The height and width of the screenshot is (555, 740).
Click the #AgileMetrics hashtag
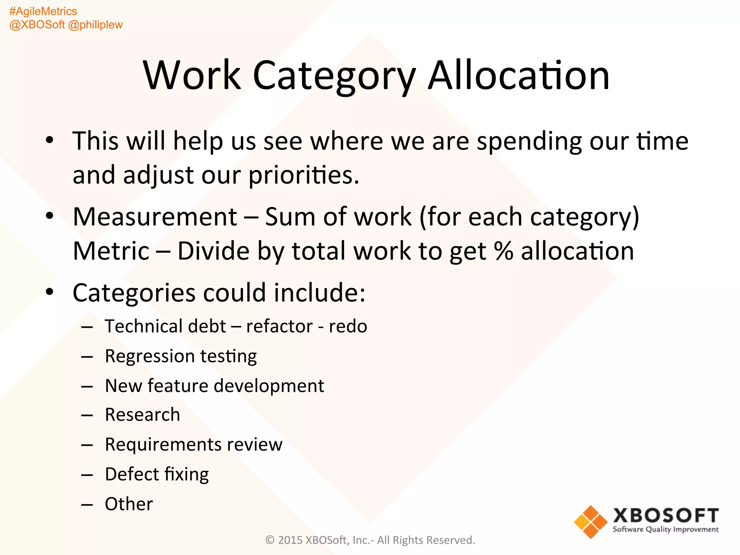point(43,12)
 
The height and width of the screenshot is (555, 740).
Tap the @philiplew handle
point(95,25)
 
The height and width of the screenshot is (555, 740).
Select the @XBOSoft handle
point(37,25)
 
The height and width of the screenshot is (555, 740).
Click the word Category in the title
point(334,76)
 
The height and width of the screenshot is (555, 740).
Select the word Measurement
point(155,217)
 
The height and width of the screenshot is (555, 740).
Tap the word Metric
point(111,251)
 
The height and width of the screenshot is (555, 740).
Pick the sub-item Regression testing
point(181,356)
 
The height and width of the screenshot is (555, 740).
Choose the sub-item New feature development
point(214,386)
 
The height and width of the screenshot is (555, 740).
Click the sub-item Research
point(142,415)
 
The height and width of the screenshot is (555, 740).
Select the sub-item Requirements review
point(194,444)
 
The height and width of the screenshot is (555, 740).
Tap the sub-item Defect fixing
point(157,474)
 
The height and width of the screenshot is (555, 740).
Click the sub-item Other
point(129,504)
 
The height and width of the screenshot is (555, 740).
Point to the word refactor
point(279,327)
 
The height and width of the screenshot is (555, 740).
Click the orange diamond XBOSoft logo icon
point(591,522)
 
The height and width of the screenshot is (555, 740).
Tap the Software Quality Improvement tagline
point(666,530)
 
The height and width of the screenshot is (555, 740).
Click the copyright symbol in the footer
point(270,540)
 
